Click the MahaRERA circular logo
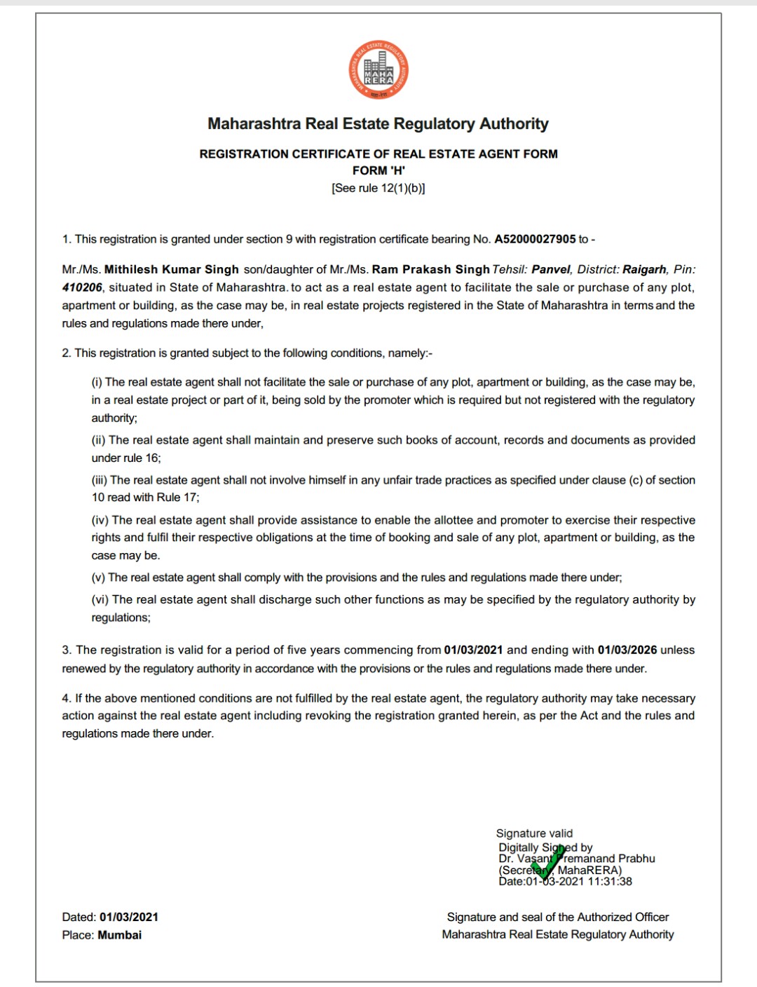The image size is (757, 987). [378, 70]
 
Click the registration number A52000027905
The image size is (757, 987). [535, 239]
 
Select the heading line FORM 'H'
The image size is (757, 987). [378, 170]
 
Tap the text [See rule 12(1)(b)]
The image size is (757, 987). [378, 188]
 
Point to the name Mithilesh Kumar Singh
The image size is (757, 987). [172, 269]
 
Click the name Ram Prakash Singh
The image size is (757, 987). [430, 269]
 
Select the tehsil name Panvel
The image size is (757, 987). [552, 269]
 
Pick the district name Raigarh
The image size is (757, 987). [645, 269]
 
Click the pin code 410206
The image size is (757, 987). [82, 287]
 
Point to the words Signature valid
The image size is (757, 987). [534, 833]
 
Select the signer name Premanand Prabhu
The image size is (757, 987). [608, 859]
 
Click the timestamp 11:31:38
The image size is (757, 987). [610, 882]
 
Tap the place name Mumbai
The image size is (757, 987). [120, 935]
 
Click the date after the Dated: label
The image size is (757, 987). [129, 917]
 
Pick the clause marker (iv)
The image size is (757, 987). [100, 520]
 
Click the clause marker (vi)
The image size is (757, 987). [100, 600]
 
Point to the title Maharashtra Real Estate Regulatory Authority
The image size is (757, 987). [378, 124]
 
